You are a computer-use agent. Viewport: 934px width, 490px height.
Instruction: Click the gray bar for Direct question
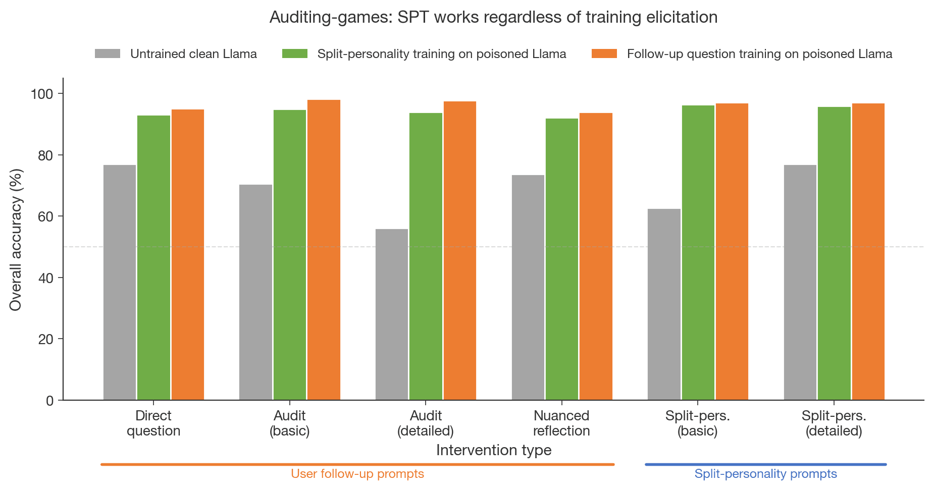[x=120, y=283]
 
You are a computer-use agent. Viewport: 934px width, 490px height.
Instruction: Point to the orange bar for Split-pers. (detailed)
[x=868, y=252]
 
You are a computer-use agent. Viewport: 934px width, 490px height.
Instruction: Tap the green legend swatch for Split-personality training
[x=294, y=54]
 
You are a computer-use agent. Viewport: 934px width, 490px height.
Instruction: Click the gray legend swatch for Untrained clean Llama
[x=108, y=54]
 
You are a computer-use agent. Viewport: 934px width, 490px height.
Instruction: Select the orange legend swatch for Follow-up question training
[x=604, y=54]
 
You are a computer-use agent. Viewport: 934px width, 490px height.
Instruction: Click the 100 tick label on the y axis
[x=42, y=94]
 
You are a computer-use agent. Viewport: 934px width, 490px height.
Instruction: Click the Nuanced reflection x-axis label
[x=561, y=423]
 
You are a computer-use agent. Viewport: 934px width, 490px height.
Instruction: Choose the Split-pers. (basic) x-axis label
[x=698, y=423]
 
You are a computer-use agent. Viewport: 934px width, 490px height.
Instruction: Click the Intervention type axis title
[x=494, y=450]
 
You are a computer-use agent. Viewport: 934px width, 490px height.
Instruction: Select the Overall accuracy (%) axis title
[x=16, y=240]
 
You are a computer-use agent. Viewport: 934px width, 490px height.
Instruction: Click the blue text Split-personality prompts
[x=765, y=474]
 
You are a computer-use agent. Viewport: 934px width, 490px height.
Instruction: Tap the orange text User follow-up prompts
[x=357, y=474]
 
